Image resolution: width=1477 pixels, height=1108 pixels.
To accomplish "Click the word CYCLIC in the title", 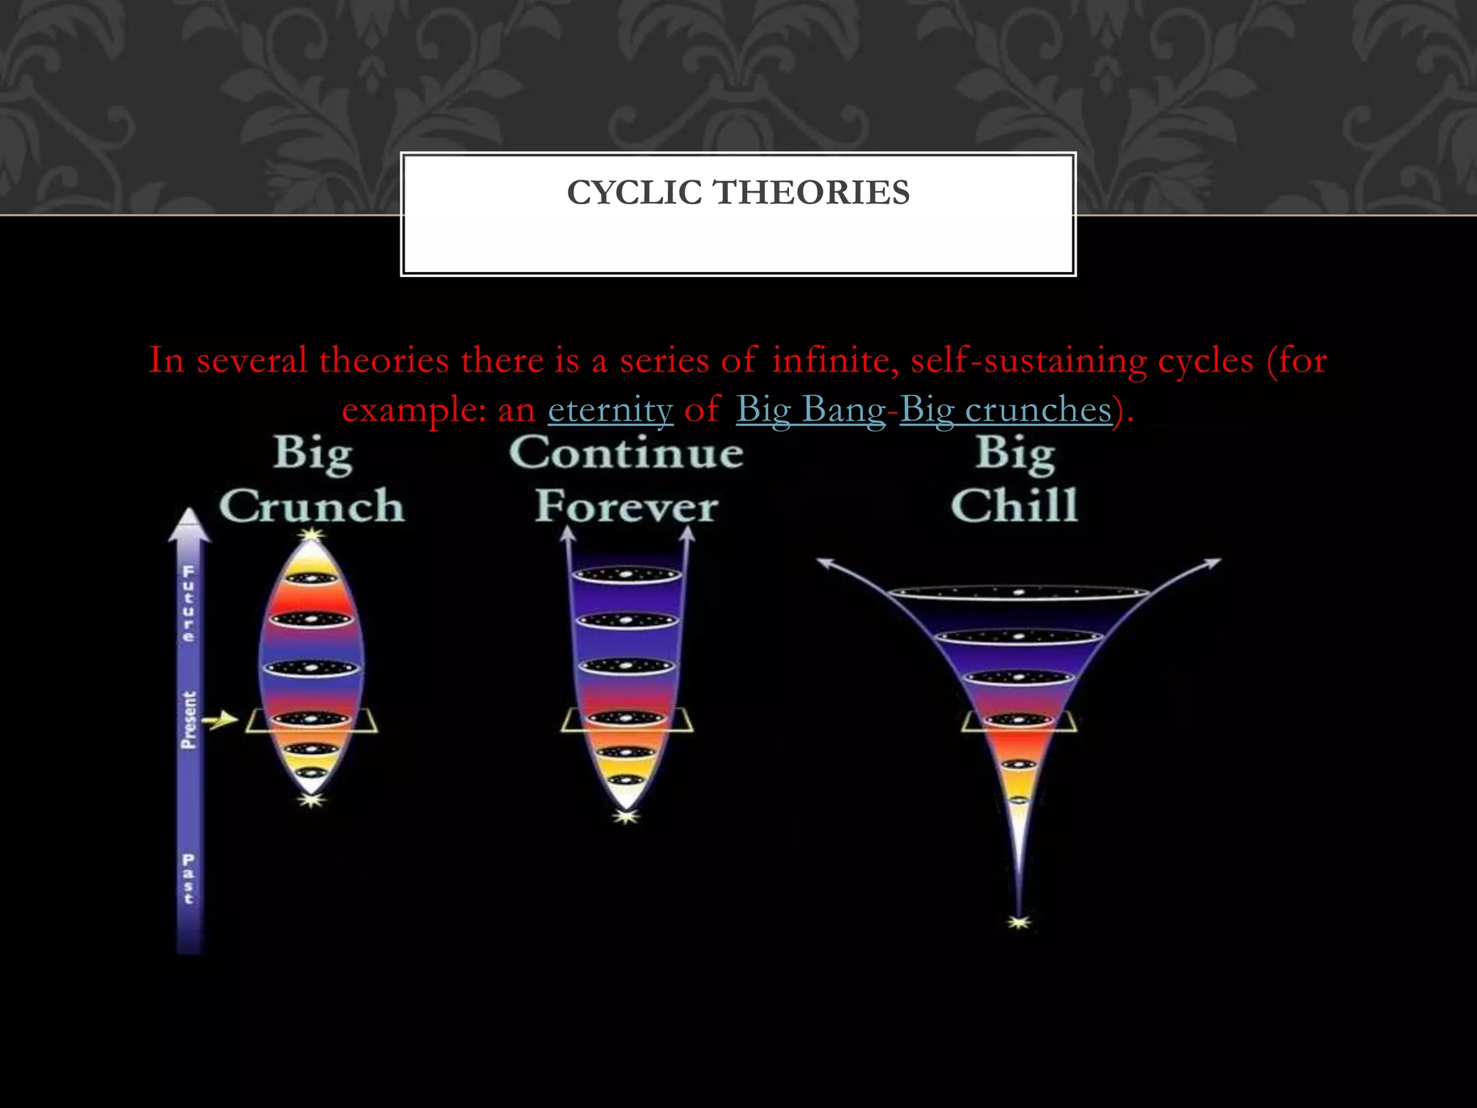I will point(634,193).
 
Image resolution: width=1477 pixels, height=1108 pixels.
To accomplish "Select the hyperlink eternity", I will point(610,410).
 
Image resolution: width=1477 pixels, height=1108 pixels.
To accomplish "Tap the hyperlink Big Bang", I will point(810,410).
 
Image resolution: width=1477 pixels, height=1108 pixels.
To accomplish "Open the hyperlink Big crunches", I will point(1005,410).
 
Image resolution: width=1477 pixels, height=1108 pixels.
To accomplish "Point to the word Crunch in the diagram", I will point(312,506).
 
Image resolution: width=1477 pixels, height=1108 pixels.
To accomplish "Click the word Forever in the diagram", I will point(626,506).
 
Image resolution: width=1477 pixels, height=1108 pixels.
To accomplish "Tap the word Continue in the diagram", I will point(626,453).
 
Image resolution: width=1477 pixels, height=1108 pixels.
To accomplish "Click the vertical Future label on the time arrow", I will point(188,604).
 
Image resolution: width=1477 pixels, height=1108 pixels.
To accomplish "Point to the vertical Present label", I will point(188,719).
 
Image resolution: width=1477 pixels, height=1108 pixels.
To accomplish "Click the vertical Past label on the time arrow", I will point(188,879).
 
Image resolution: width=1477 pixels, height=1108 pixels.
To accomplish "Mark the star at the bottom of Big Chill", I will point(1018,922).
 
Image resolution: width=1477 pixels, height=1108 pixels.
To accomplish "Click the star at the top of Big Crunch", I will point(312,535).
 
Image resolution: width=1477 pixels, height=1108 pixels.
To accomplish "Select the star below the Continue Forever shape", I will point(626,817).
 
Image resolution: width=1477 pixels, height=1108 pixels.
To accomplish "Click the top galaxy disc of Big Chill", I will point(1018,592).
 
